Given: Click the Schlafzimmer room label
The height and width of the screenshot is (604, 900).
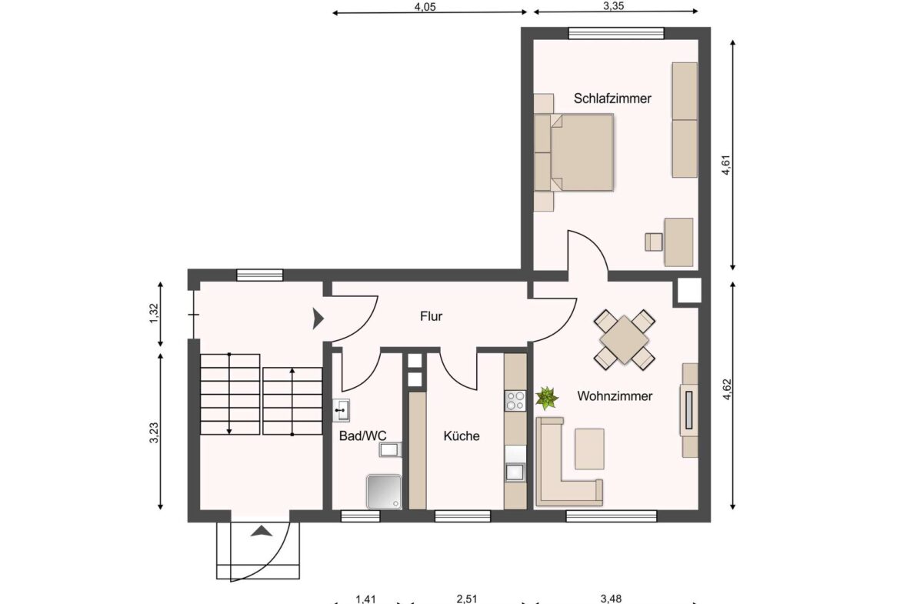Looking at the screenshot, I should coord(612,98).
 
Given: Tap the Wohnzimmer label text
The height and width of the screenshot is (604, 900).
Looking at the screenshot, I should coord(615,396).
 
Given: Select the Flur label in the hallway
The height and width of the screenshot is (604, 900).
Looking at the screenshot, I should coord(431,316).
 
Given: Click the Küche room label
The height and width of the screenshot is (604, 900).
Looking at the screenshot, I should coord(462,436).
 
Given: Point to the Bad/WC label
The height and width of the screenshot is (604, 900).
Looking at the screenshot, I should coord(362,436).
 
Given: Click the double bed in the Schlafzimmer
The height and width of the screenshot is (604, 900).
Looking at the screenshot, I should coord(582,152).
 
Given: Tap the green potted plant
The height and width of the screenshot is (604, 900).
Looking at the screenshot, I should coord(547,398).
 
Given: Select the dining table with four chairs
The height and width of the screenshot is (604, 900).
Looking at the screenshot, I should coord(625,339).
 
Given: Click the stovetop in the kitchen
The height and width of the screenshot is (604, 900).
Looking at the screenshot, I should coord(515,400).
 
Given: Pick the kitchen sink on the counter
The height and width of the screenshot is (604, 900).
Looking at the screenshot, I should coord(515,471).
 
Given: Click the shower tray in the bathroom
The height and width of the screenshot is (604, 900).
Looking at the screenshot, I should coord(383,492).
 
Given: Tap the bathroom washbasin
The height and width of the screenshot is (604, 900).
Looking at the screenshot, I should coord(342,411).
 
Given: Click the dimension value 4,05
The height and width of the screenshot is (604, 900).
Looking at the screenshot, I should coord(426,7).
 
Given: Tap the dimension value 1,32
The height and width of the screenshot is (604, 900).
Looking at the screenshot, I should coord(154,313).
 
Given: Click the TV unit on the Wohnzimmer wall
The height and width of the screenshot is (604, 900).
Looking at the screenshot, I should coord(689,410).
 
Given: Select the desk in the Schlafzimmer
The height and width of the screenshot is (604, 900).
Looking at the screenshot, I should coord(678,242).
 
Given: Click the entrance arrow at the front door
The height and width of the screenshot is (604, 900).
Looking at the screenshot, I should coord(262,529).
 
